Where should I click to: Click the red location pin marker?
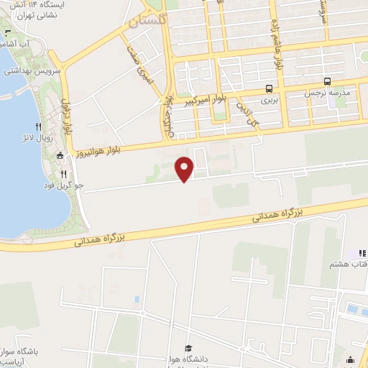point(185,169)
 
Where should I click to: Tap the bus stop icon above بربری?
point(269,89)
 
